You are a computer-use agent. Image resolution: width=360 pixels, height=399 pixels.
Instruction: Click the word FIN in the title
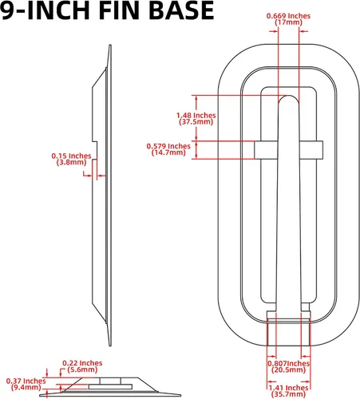point(119,10)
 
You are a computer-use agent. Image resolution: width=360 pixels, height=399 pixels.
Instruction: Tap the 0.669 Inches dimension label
point(288,16)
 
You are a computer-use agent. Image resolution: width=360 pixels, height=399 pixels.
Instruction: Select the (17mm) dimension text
point(288,22)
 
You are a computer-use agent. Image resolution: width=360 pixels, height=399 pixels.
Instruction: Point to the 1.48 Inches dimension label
point(196,116)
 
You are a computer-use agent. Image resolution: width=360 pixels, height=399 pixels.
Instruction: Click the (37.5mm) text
point(196,122)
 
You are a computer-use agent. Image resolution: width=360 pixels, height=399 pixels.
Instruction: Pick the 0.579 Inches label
point(168,146)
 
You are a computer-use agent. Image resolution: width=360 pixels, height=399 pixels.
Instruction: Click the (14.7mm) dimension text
point(168,152)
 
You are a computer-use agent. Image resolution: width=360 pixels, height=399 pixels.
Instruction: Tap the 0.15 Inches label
point(71,156)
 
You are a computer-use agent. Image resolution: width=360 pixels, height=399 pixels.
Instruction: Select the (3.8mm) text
point(71,162)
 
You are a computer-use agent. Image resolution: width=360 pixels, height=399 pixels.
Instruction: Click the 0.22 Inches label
point(82,363)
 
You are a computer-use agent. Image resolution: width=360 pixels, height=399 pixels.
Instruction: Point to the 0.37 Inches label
point(26,381)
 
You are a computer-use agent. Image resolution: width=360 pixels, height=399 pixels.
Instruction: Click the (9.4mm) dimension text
point(26,387)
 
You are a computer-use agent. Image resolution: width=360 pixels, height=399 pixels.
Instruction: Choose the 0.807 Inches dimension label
point(288,363)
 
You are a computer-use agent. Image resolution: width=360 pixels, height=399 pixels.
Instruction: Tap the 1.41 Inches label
point(288,388)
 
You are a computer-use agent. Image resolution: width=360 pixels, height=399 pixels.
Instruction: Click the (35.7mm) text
point(288,394)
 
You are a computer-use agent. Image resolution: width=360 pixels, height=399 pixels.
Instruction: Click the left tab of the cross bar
point(266,150)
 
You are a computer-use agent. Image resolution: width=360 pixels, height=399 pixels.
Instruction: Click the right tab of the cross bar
point(311,150)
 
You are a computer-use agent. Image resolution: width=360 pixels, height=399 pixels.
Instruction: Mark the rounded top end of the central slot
point(288,96)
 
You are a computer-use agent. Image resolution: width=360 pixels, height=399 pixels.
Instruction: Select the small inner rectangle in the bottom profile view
point(110,386)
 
